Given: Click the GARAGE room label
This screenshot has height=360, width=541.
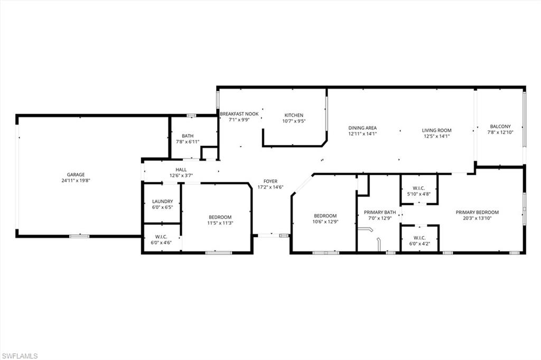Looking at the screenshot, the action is [76, 175].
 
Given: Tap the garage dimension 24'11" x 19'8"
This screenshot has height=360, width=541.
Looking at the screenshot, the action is [76, 181].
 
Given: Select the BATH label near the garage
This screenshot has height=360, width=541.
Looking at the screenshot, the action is [188, 136].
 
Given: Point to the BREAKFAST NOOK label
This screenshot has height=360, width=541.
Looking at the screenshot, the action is [239, 114].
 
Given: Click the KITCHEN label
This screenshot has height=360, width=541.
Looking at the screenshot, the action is [294, 115].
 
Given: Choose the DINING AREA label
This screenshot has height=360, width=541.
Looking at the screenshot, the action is [362, 128].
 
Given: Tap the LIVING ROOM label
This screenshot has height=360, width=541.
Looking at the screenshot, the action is [437, 130].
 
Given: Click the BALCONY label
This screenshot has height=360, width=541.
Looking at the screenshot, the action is [500, 127].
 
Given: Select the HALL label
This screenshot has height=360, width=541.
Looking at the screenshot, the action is [181, 169].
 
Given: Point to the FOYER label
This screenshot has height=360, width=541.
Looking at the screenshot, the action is [270, 182].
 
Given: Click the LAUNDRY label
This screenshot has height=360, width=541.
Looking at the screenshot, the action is [163, 202].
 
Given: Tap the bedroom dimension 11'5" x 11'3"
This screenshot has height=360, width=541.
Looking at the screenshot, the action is [220, 223].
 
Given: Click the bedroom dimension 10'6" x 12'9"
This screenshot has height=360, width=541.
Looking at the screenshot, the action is [325, 222].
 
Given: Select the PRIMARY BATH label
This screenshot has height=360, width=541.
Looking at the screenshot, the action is [380, 212].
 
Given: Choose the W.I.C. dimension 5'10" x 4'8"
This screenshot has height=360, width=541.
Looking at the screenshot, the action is [418, 194].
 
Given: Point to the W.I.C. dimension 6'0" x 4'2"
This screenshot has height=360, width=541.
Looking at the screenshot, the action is [419, 243].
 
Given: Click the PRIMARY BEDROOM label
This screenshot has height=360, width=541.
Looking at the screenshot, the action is [477, 212].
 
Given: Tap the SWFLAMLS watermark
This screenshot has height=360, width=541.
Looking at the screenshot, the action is [20, 356].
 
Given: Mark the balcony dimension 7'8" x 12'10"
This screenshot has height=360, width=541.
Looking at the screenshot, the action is [500, 132].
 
